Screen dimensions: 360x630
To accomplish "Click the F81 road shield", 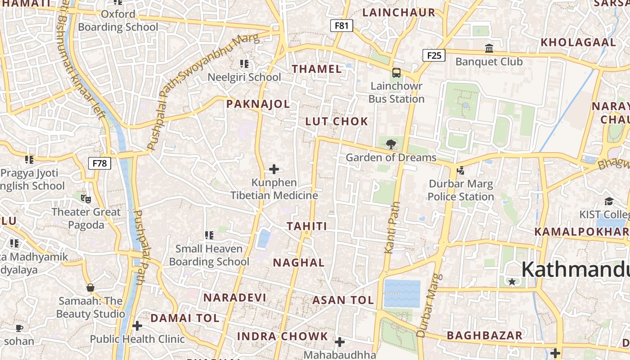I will (x=342, y=26).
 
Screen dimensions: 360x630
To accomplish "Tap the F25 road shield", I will (x=434, y=55).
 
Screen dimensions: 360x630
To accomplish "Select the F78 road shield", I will (x=99, y=163).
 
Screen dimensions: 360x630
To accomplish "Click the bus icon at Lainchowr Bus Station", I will (x=396, y=72).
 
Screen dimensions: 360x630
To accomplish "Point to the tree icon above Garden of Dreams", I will (x=391, y=144).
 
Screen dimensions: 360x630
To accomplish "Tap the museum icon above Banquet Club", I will (x=489, y=48).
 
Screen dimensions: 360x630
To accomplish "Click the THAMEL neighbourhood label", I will (x=317, y=69).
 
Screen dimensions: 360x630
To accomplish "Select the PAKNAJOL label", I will (x=258, y=104).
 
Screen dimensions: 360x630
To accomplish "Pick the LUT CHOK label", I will (x=337, y=121).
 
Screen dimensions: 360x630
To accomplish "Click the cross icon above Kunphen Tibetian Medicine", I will (x=274, y=169).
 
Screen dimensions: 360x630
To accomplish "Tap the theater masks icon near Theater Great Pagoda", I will (x=86, y=198).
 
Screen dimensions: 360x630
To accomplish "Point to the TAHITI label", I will (x=307, y=226).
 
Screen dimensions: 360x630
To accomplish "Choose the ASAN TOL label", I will (x=343, y=300).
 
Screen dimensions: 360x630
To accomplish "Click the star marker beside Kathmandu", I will (x=512, y=282).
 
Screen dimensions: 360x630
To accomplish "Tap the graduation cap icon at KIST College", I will (x=609, y=201).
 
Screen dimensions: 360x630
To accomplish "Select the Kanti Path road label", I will (x=392, y=227).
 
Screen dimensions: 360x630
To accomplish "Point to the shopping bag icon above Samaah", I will (x=90, y=287).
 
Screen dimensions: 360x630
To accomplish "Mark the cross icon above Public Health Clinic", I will (x=137, y=325).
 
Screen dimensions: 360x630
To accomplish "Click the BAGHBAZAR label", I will (x=485, y=335).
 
